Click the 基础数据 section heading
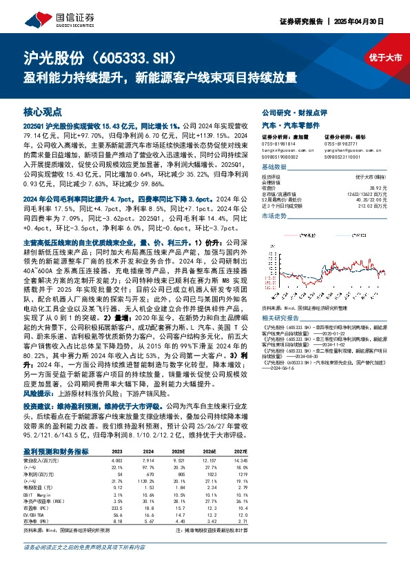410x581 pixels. (274, 168)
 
